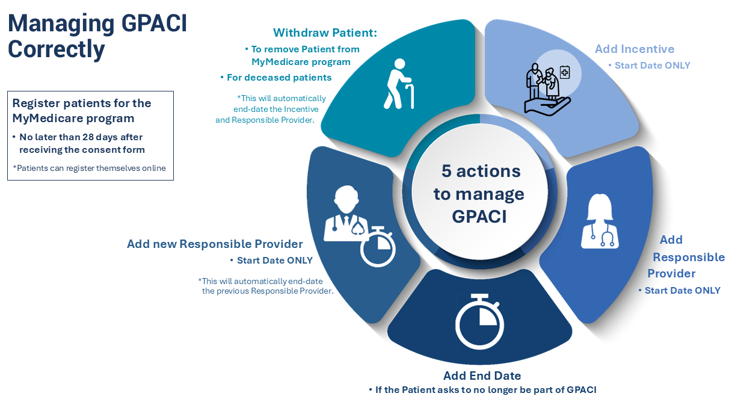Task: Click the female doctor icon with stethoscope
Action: point(599,221)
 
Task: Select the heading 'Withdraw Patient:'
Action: point(325,32)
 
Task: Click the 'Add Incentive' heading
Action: point(635,49)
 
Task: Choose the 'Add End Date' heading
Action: point(482,376)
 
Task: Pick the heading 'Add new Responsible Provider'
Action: point(215,244)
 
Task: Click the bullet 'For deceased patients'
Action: point(279,78)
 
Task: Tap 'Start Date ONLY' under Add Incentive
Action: point(652,66)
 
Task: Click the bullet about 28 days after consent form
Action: point(82,143)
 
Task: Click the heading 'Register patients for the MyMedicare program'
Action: point(82,110)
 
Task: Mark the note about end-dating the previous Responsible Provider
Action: point(266,286)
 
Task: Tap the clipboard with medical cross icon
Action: point(564,73)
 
